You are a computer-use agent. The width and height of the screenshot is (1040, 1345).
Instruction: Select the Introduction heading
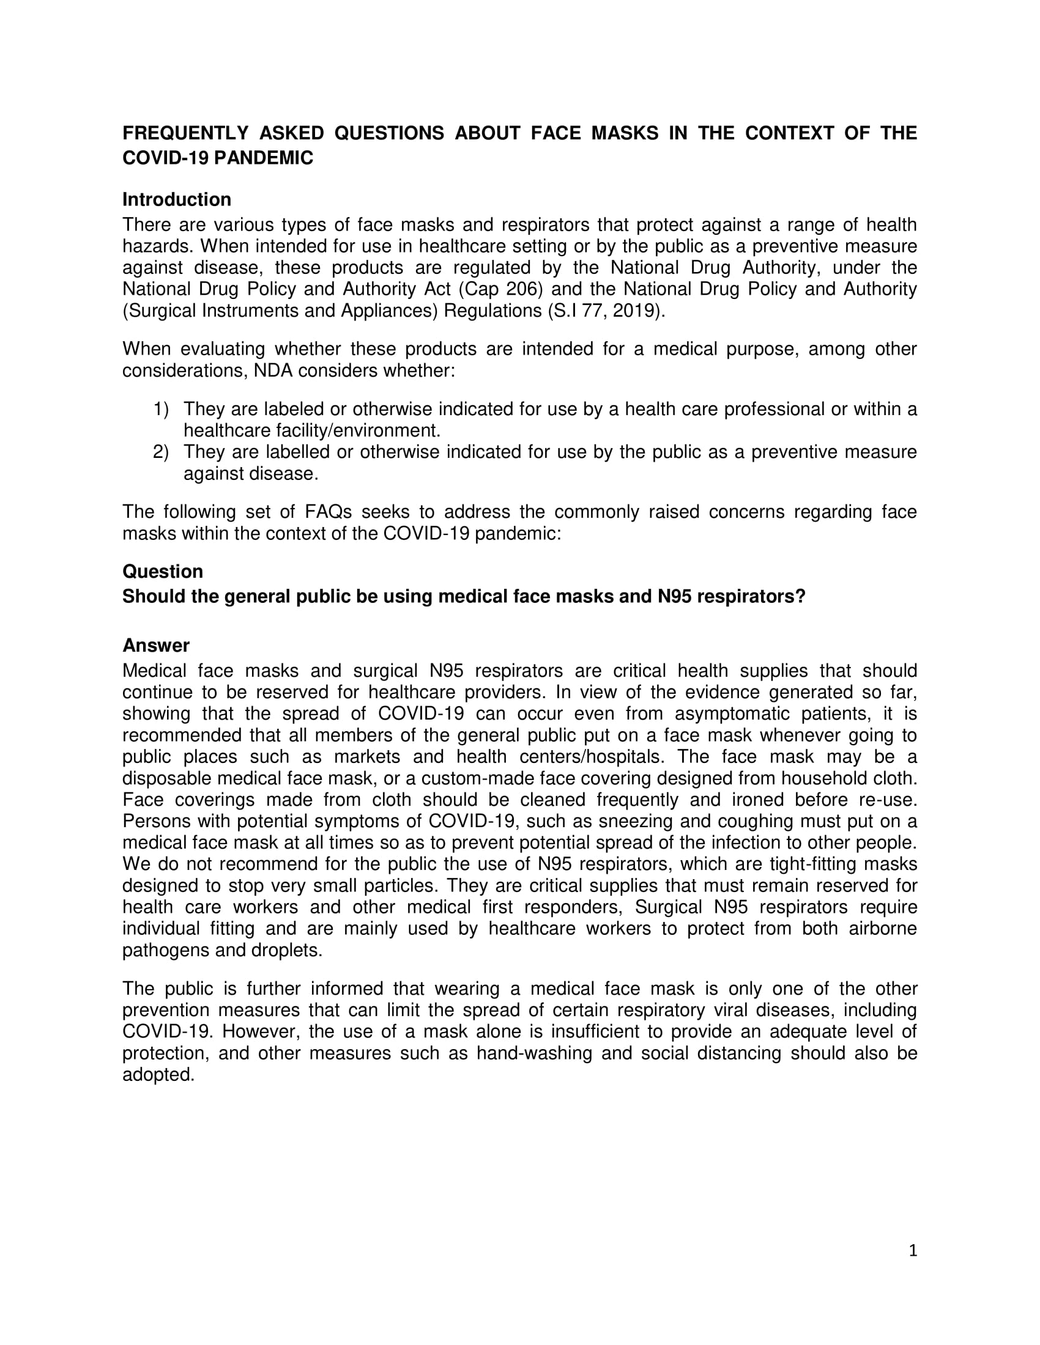pos(177,199)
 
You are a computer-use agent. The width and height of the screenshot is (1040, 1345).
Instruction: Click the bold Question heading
pos(163,572)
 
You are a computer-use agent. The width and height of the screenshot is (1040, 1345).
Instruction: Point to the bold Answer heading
pos(156,646)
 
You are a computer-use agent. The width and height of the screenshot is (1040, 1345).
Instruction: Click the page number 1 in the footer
pos(913,1250)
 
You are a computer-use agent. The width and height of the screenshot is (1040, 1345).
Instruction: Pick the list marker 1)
pos(161,409)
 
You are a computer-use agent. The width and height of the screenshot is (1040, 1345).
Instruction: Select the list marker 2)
pos(161,452)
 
